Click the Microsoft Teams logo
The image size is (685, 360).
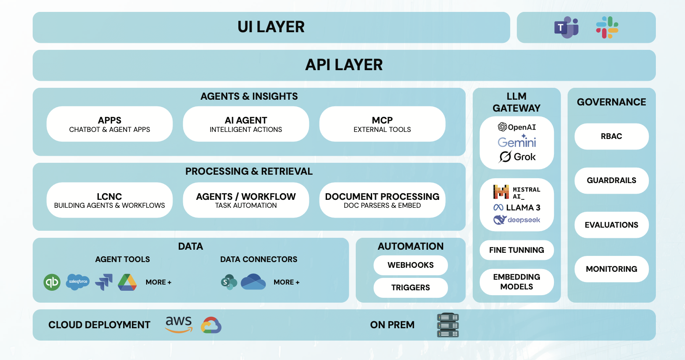click(x=566, y=27)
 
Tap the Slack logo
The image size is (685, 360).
click(x=607, y=27)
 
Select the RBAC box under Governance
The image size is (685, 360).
click(x=611, y=136)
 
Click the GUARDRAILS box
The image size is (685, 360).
click(x=611, y=180)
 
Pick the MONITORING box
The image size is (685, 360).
click(x=611, y=269)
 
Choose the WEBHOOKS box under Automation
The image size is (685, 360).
click(x=410, y=265)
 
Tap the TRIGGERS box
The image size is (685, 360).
click(x=410, y=288)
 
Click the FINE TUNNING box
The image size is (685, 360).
click(x=516, y=250)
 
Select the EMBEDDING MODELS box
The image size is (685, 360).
click(x=516, y=282)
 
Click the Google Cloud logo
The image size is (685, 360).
click(x=211, y=326)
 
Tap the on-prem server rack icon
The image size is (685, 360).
click(x=448, y=325)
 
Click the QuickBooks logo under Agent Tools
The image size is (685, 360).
click(x=52, y=282)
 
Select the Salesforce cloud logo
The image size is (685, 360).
click(x=78, y=282)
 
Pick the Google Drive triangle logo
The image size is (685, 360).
click(x=127, y=282)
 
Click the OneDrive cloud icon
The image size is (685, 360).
click(x=253, y=282)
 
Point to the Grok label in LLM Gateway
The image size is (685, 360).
click(x=517, y=157)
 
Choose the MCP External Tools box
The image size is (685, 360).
click(x=382, y=124)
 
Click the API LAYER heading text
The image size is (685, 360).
click(x=344, y=65)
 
